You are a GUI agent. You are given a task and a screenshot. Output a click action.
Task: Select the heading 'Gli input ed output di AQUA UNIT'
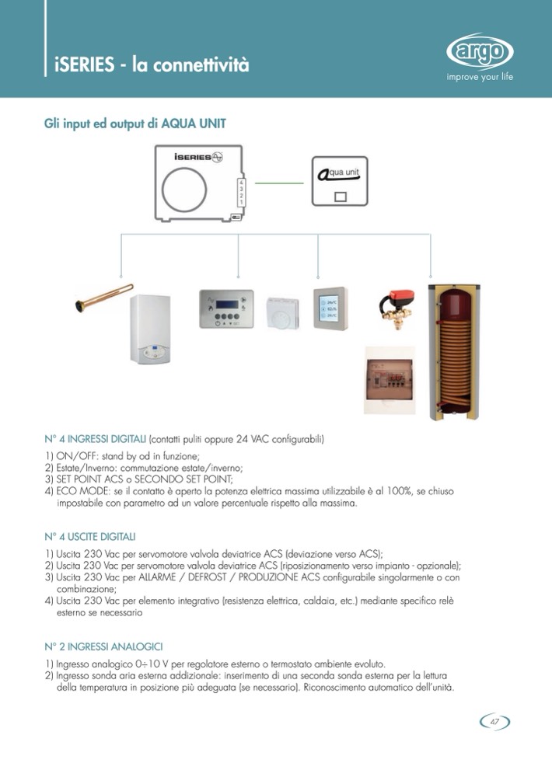[x=135, y=124]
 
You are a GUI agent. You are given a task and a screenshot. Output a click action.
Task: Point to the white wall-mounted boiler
[x=155, y=328]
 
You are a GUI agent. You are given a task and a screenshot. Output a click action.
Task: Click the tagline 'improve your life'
[x=479, y=77]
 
